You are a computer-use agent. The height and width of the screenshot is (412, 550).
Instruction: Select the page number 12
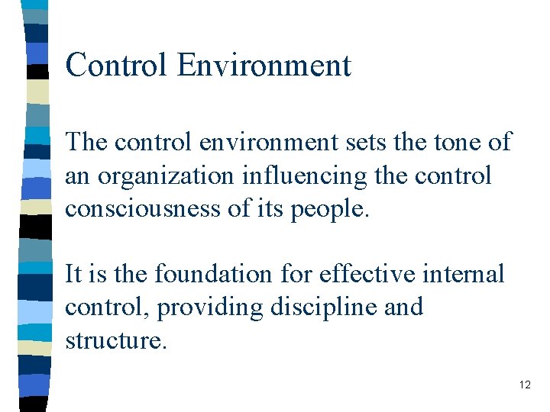(524, 385)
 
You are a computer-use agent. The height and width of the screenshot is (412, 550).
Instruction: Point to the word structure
(115, 340)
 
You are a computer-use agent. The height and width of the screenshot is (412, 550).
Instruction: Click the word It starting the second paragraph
(73, 273)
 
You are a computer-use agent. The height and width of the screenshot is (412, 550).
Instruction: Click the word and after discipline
(404, 307)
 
